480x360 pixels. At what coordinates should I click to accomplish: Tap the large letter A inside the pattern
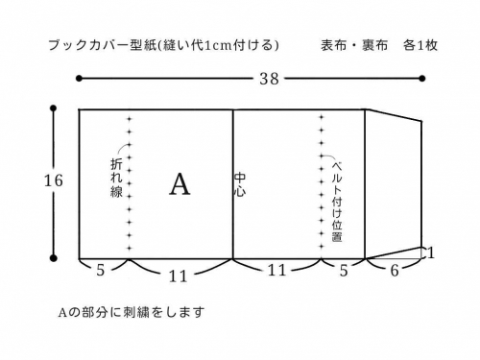[180, 184]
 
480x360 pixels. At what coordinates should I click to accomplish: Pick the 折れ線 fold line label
[117, 179]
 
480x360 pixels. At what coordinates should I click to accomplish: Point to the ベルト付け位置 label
[337, 199]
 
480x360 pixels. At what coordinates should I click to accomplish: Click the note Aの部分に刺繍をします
[131, 312]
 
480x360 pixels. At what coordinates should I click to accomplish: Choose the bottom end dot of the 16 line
[53, 257]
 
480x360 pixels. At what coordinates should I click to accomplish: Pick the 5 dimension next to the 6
[344, 272]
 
